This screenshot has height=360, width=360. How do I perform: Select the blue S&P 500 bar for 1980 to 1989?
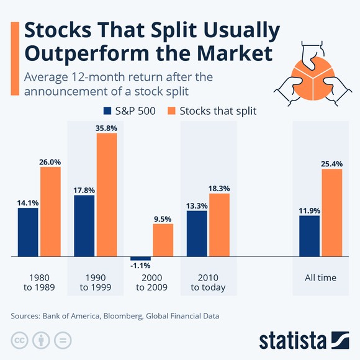(28, 232)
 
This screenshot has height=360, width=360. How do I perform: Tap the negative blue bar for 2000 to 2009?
(140, 258)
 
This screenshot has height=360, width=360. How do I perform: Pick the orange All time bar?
(332, 212)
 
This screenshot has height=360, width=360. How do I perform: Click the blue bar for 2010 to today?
(197, 233)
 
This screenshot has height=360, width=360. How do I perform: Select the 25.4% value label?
(332, 164)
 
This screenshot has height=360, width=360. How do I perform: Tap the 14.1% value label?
(28, 202)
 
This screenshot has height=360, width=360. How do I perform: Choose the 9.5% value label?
(163, 218)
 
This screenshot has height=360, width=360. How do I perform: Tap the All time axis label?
(320, 277)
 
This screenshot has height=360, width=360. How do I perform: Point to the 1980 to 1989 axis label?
(39, 282)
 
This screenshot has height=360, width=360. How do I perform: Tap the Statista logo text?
(292, 340)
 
